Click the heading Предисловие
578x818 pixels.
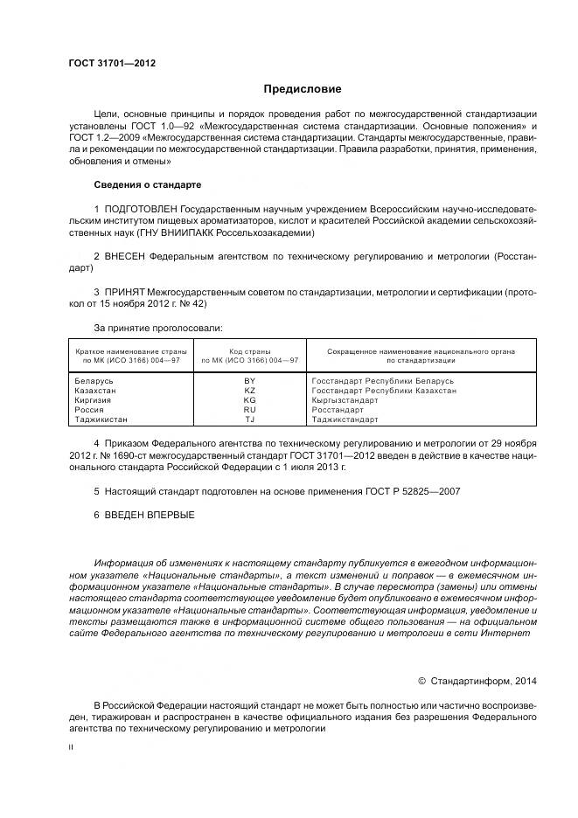point(303,89)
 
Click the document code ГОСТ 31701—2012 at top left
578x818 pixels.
point(106,65)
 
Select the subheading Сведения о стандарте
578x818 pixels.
point(147,186)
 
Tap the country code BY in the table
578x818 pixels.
point(249,381)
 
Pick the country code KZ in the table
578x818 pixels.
point(249,391)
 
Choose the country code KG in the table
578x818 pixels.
point(249,400)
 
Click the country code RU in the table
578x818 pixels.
point(249,410)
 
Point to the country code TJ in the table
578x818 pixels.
point(249,419)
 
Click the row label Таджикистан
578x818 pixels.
point(101,419)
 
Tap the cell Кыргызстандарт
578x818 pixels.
point(345,400)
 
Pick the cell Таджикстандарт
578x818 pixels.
point(345,419)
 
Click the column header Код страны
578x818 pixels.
point(250,350)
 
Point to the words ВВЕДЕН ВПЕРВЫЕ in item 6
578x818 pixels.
point(149,516)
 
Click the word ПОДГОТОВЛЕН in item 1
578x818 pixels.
point(141,211)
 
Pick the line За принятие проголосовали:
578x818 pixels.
point(158,327)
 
